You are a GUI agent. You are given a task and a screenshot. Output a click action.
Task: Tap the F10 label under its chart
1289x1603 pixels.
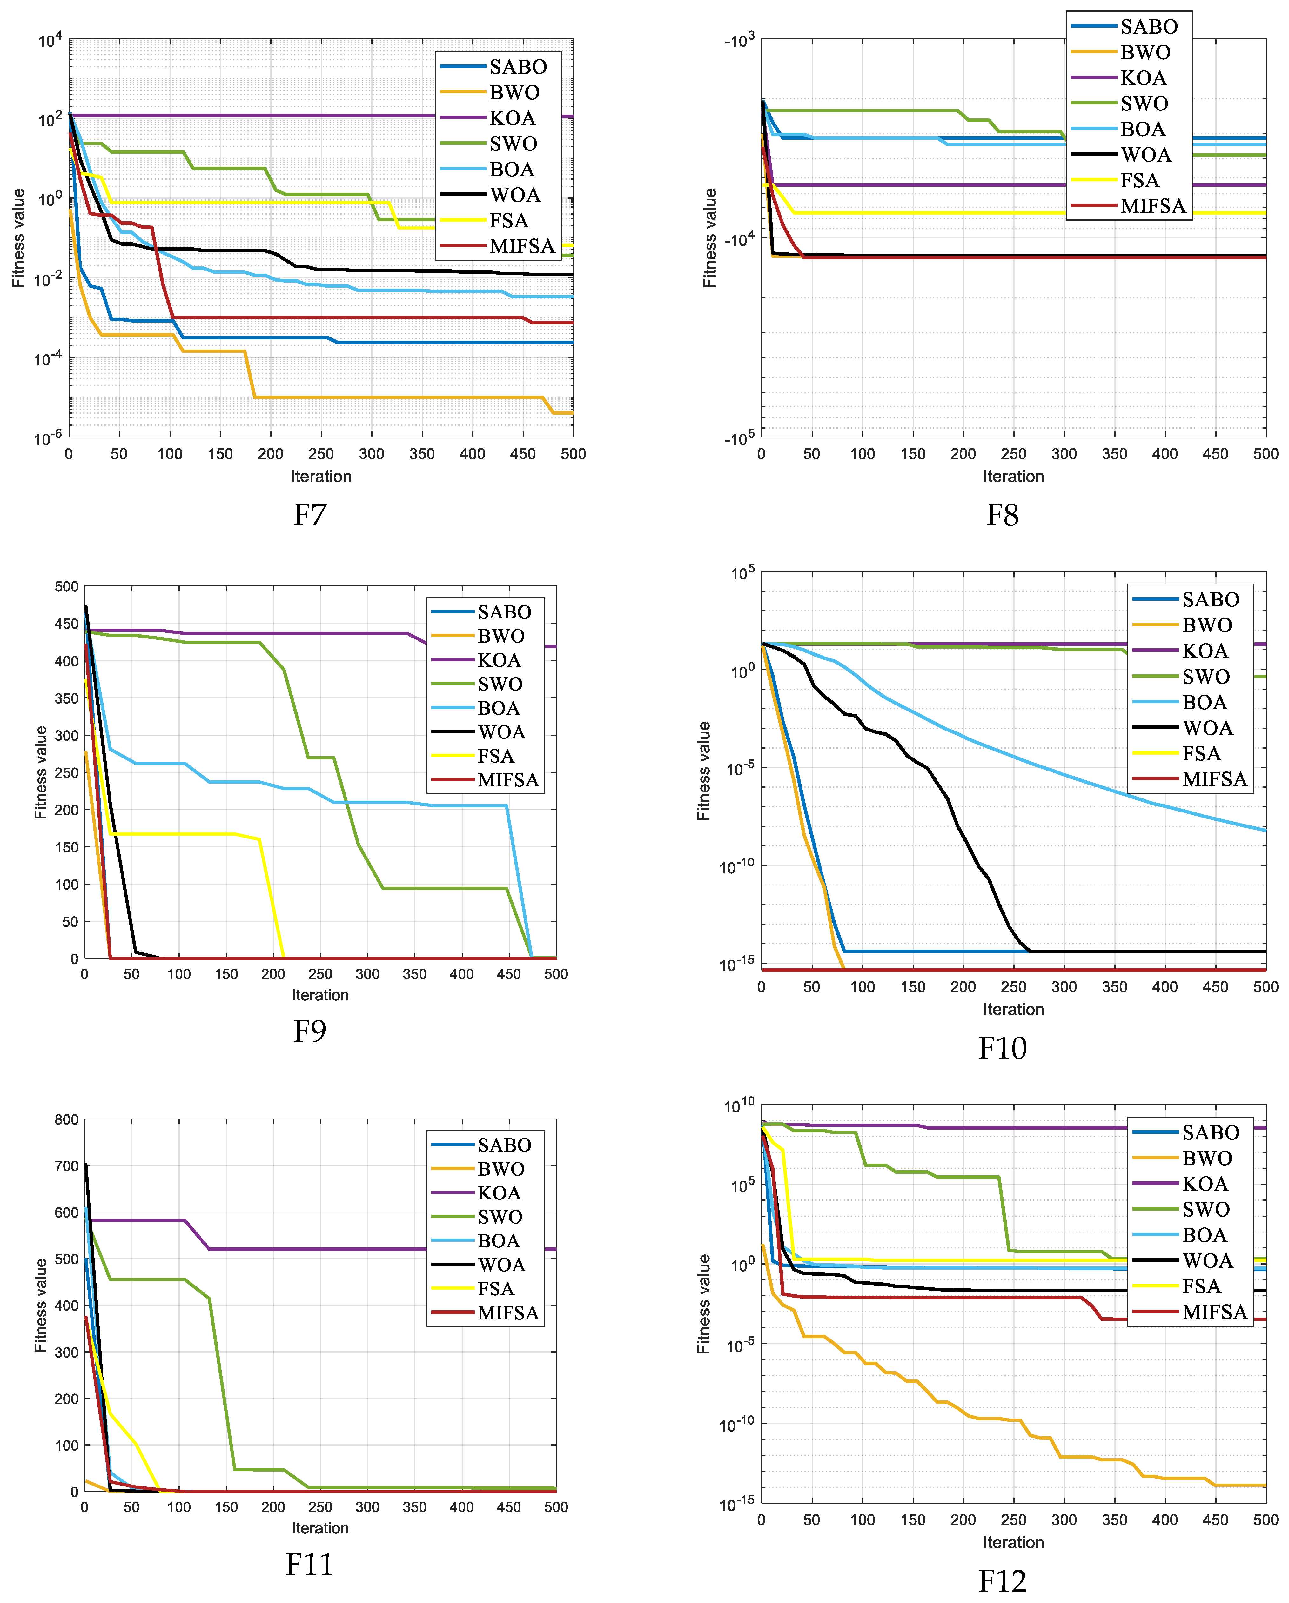click(1002, 1048)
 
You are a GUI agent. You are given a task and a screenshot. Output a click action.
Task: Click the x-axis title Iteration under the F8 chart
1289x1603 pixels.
click(1013, 477)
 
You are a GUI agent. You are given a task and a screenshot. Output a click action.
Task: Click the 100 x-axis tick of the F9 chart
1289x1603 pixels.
click(178, 974)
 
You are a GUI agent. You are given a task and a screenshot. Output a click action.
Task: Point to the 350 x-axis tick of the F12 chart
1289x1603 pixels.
click(1114, 1520)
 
